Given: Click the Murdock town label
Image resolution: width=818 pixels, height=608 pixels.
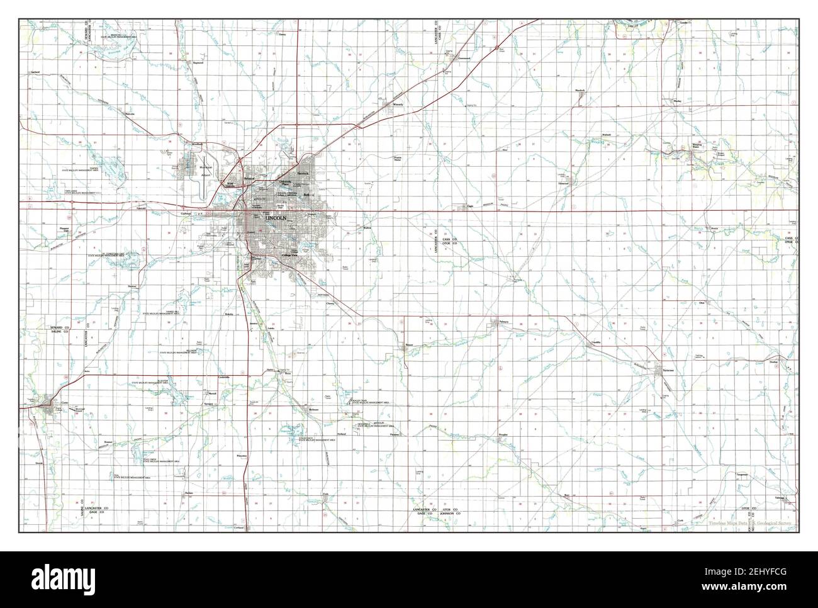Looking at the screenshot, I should tap(580, 90).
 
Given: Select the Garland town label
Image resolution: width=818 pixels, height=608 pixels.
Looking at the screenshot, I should tap(35, 72).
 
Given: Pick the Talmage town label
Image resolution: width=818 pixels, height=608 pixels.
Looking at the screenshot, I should tap(780, 498).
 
